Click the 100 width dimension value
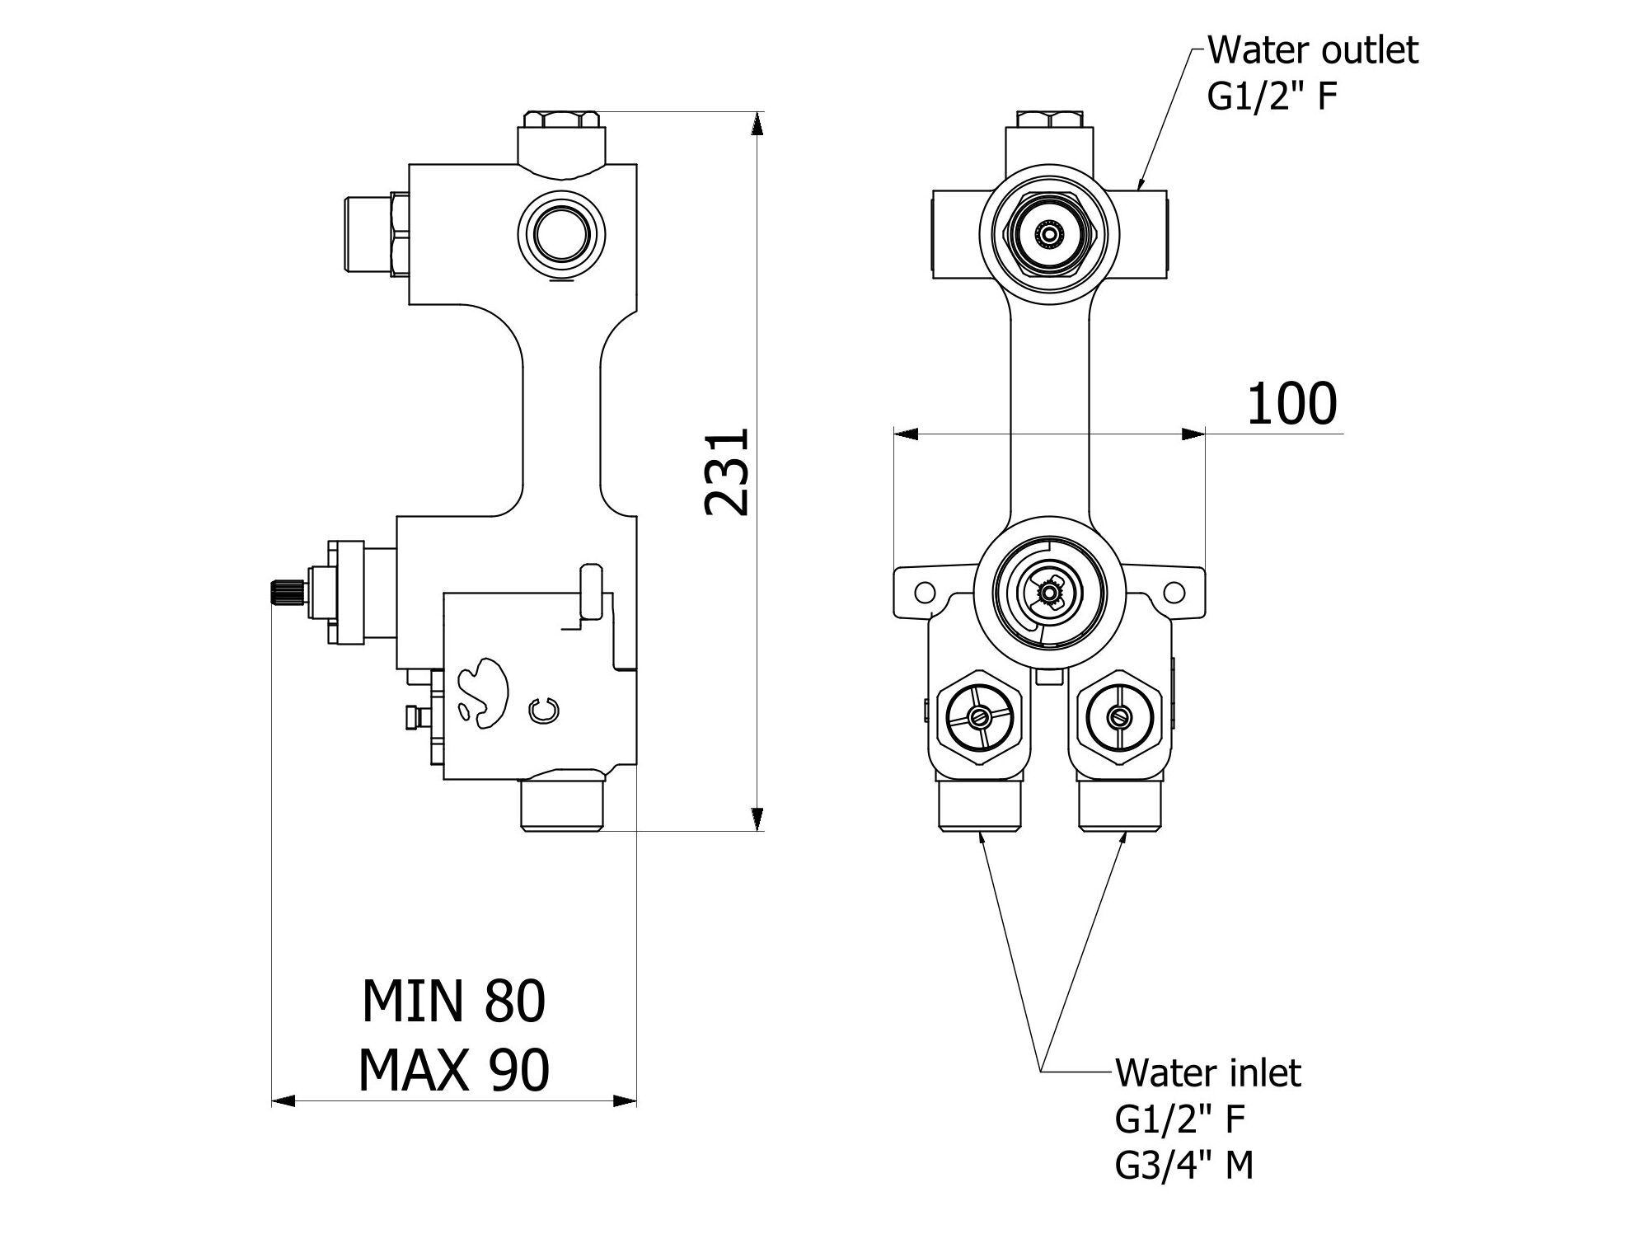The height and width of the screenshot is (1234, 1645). pos(1291,404)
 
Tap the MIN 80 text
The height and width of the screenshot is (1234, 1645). pos(453,1002)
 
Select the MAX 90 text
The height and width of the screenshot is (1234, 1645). pos(453,1071)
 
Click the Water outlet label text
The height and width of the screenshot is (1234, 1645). pos(1312,50)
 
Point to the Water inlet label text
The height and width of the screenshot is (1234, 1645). pos(1207,1073)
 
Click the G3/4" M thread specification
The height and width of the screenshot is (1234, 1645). pos(1184,1166)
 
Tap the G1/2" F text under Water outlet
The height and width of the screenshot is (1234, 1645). pos(1272,96)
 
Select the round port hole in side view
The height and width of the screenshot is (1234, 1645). pos(563,230)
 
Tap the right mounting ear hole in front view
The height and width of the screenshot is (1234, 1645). pos(1174,591)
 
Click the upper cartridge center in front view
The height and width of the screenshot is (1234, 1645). pos(1048,236)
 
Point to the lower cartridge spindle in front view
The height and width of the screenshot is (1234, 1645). pos(1048,590)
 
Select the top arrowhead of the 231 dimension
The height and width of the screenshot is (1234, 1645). pos(757,124)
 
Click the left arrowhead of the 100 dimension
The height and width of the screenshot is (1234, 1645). pos(906,434)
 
